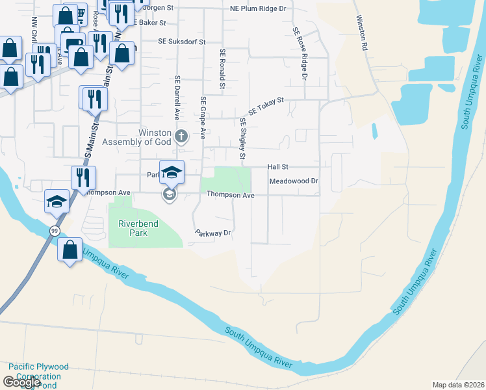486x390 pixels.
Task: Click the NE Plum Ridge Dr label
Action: point(258,9)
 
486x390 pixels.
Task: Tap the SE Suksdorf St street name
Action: point(181,41)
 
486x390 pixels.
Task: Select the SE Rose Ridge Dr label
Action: point(300,54)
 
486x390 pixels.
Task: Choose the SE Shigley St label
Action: point(242,138)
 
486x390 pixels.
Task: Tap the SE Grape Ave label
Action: point(203,118)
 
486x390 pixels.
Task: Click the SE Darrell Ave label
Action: point(176,97)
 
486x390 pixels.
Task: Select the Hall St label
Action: point(277,167)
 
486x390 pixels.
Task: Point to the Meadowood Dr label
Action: point(294,181)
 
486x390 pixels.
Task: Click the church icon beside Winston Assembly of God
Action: point(181,136)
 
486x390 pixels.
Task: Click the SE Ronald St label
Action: point(222,68)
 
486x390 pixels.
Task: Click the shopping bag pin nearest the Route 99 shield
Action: point(70,249)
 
